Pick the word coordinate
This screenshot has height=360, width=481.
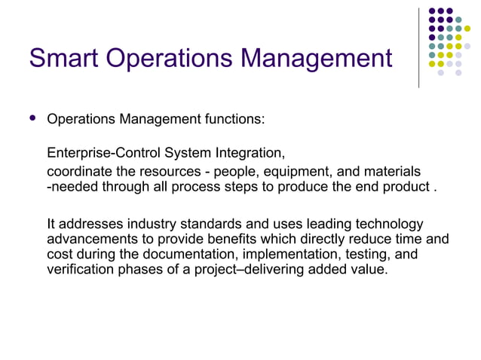[80, 172]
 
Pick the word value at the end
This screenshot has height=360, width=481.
[369, 270]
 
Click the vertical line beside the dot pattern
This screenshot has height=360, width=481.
[418, 47]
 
